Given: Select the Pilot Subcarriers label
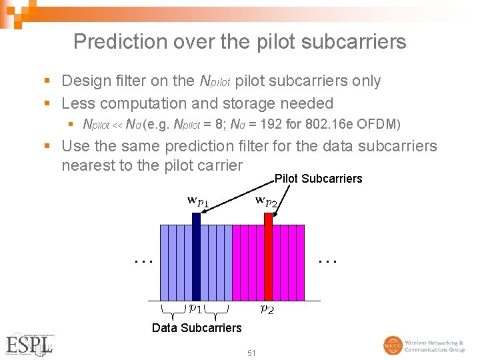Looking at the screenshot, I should [x=318, y=179].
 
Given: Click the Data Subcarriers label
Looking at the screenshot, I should [x=197, y=328].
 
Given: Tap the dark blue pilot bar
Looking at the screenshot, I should [x=196, y=257].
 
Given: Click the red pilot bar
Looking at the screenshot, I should [x=268, y=257].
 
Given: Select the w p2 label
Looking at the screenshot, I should [x=269, y=201].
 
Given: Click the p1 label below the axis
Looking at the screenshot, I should [x=196, y=308].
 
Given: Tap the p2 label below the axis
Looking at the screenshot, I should [x=267, y=309].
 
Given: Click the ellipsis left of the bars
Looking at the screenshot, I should [x=143, y=261].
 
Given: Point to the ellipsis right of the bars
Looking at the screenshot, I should [x=327, y=261].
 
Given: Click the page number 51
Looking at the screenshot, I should [x=251, y=353].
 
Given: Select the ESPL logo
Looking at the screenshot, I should [x=29, y=344].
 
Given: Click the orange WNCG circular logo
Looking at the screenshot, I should [x=393, y=345].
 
